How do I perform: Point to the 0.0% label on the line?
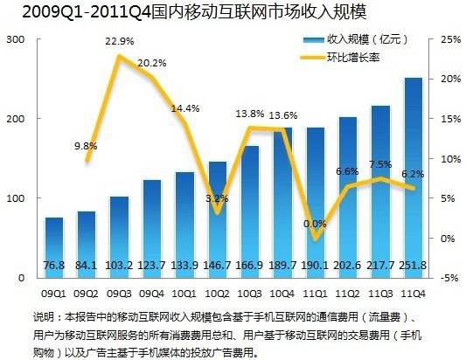314,224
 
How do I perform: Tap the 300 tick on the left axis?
14,39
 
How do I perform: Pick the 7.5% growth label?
379,164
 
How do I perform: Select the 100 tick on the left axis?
14,198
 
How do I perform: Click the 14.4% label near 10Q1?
184,108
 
